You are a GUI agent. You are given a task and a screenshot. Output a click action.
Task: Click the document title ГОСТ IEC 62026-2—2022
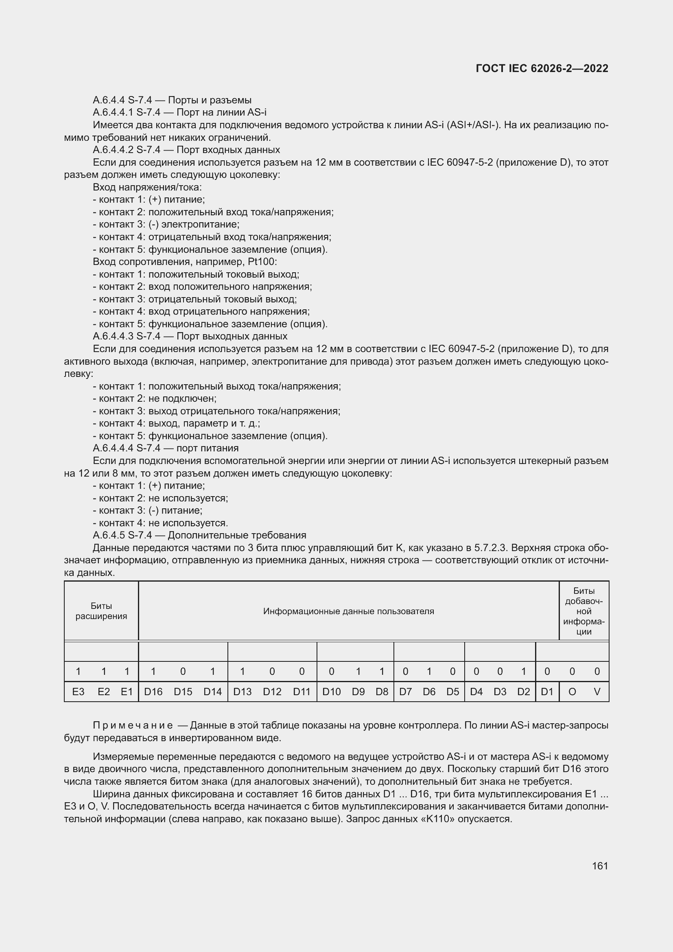point(542,69)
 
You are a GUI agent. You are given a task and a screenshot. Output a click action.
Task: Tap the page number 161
point(600,866)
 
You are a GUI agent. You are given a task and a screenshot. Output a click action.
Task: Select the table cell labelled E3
point(78,692)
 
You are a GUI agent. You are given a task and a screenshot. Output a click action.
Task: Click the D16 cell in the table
point(153,692)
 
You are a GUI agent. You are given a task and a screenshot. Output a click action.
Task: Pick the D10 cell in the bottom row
point(331,692)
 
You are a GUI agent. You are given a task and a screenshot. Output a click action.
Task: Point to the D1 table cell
point(547,692)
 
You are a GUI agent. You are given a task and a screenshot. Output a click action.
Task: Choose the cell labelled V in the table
point(597,692)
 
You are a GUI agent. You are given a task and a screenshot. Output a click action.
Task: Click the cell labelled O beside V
point(572,692)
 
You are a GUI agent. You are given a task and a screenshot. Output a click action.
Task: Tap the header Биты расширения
point(101,611)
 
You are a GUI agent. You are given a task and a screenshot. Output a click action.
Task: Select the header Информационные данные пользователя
point(349,611)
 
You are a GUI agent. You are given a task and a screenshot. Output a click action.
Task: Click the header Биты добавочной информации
point(584,611)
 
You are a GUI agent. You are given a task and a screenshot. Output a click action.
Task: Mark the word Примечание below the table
point(133,725)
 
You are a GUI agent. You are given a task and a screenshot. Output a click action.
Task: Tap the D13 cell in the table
point(243,692)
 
